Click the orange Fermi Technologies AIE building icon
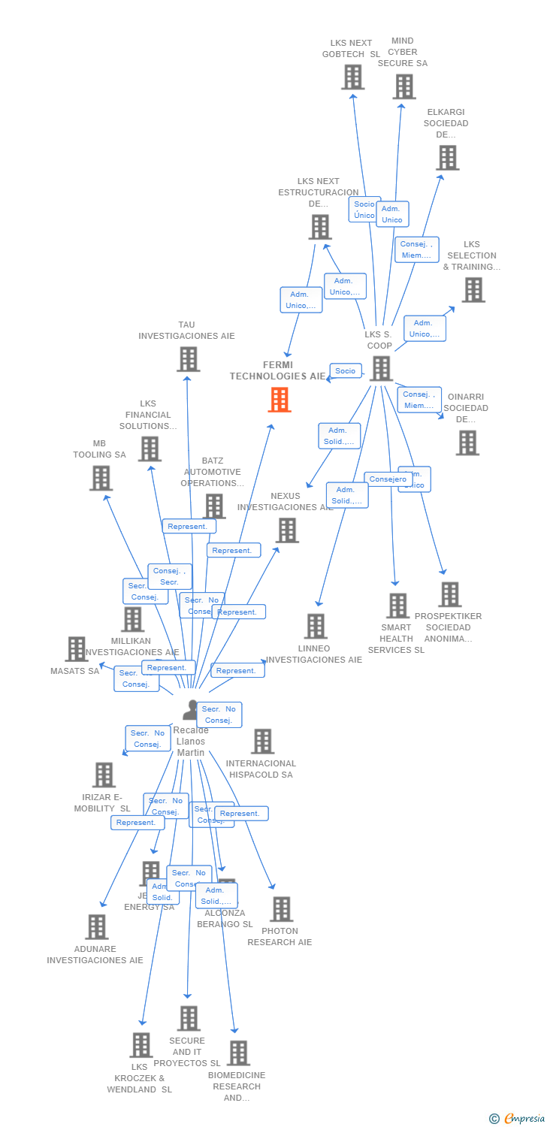click(280, 400)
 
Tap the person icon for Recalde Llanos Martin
click(192, 710)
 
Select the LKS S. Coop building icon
click(381, 368)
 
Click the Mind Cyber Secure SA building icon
click(403, 86)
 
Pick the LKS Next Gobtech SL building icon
click(352, 77)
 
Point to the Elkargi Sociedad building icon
click(447, 158)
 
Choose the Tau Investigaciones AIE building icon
click(188, 359)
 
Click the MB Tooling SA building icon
click(101, 478)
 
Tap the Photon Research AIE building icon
click(281, 909)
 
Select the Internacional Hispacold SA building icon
click(262, 742)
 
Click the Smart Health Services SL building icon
click(397, 606)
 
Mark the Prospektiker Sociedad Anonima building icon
click(449, 594)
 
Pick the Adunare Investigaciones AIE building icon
click(96, 927)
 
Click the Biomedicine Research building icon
click(237, 1053)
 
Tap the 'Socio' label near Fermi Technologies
click(346, 371)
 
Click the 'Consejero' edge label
click(388, 479)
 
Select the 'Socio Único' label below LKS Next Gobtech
click(364, 210)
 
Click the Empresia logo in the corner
click(517, 1119)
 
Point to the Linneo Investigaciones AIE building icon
click(316, 626)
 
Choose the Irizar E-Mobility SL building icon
click(103, 775)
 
